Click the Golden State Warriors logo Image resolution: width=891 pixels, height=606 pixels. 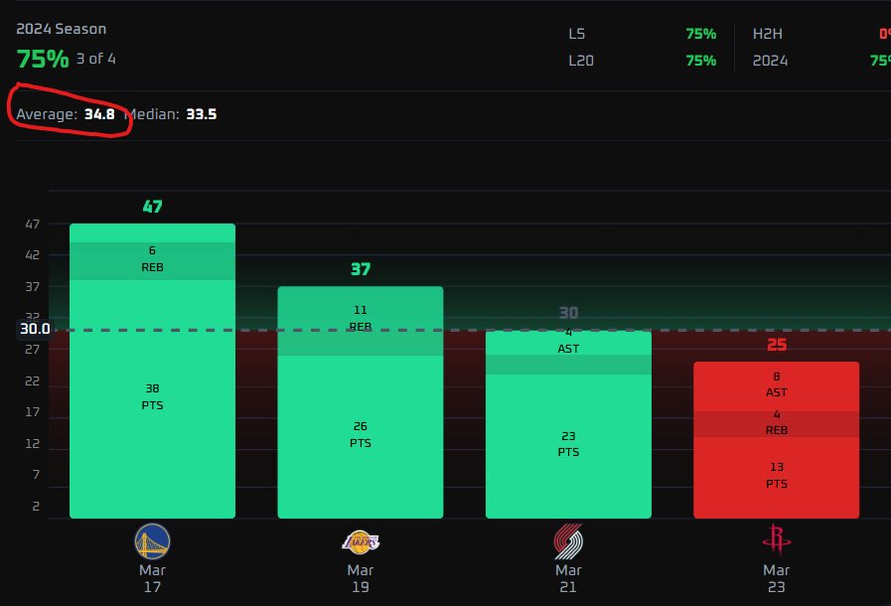tap(152, 541)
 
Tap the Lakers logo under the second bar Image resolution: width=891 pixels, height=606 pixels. tap(360, 541)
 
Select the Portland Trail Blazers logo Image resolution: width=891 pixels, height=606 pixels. tap(568, 541)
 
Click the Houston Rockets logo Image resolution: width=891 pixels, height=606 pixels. tap(776, 541)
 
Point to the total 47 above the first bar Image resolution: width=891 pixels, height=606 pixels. tap(152, 207)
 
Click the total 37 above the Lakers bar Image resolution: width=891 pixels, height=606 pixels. tap(360, 269)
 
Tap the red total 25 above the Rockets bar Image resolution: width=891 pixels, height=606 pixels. tap(776, 345)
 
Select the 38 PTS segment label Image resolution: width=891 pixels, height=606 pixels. tap(152, 396)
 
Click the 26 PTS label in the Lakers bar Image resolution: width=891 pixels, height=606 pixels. tap(360, 434)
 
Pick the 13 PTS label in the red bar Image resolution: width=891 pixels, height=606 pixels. tap(776, 475)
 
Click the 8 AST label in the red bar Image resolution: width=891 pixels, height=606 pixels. tap(776, 384)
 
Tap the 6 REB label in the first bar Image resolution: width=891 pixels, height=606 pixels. tap(152, 258)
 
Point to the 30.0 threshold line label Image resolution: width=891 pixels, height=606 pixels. tap(34, 329)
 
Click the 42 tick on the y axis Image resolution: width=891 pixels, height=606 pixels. tap(33, 255)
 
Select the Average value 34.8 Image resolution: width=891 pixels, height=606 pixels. tap(99, 114)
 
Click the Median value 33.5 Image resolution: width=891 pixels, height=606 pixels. tap(201, 114)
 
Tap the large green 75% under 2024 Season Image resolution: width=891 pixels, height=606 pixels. tap(43, 58)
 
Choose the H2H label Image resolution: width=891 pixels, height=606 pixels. tap(768, 34)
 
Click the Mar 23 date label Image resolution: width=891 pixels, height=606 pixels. tap(776, 578)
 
